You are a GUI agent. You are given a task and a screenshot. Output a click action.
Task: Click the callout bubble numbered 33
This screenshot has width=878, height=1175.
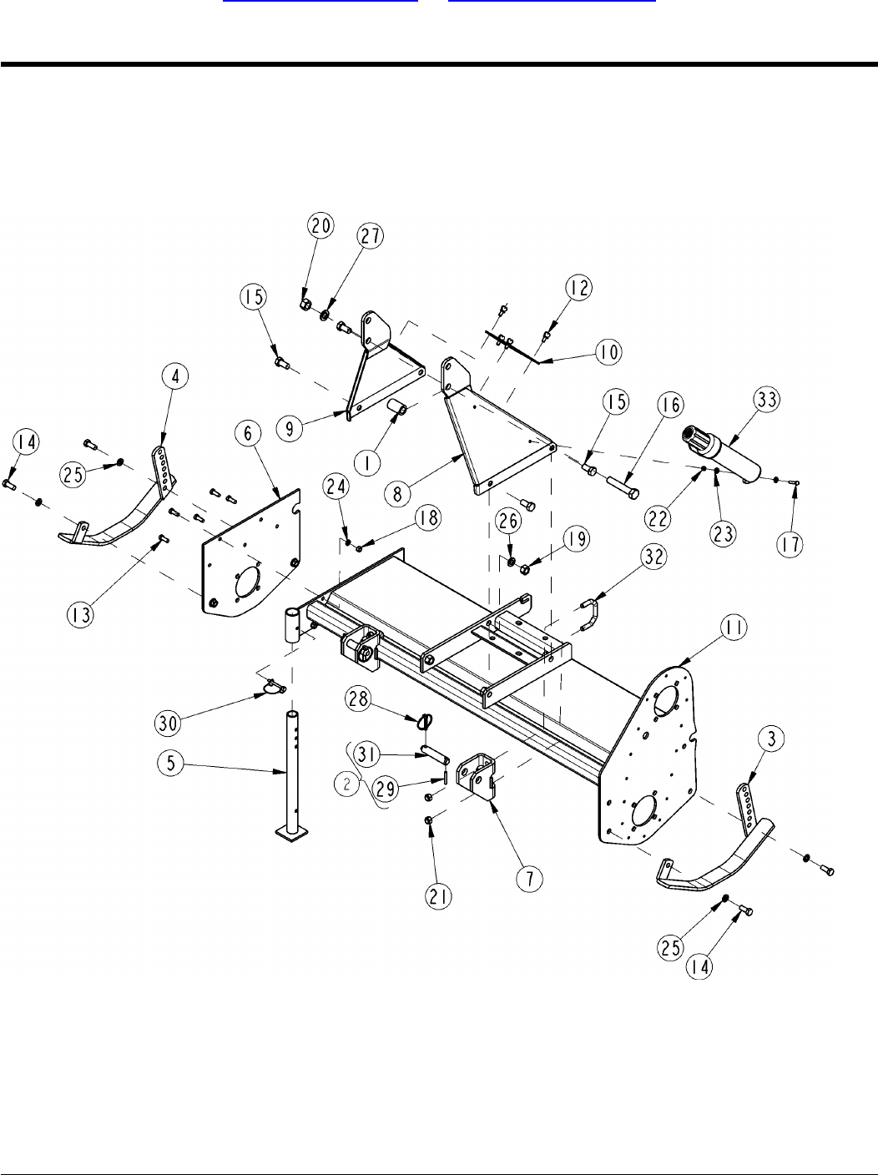[x=766, y=400]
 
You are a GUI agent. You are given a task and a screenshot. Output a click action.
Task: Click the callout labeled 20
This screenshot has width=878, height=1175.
[x=321, y=225]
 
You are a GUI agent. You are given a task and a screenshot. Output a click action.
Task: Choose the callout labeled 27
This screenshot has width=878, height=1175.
[x=371, y=236]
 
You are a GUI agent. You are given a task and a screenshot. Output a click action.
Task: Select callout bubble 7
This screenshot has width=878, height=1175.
[x=530, y=879]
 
